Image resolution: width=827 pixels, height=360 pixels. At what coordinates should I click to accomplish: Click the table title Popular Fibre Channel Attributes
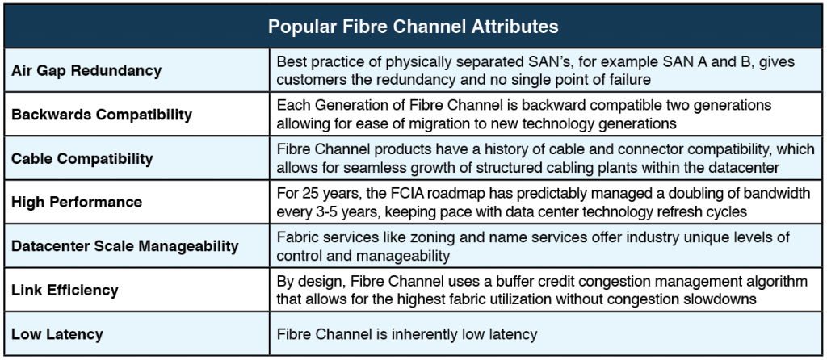[413, 27]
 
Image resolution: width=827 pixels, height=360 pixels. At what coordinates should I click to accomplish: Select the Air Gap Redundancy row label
[86, 71]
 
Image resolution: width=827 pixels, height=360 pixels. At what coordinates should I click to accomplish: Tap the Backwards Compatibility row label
[102, 115]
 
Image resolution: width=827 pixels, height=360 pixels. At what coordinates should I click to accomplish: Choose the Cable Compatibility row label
[82, 159]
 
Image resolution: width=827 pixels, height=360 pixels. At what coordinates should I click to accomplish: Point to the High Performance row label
[77, 203]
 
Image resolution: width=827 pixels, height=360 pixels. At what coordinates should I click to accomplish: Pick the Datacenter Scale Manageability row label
[125, 246]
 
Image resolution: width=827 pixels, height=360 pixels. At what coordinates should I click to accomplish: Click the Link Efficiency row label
[65, 290]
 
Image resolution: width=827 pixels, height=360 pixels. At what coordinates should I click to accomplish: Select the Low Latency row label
[57, 334]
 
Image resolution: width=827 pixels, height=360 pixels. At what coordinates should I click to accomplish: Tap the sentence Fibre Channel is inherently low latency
[407, 334]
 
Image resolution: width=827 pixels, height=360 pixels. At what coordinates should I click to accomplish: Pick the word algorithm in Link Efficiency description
[778, 282]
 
